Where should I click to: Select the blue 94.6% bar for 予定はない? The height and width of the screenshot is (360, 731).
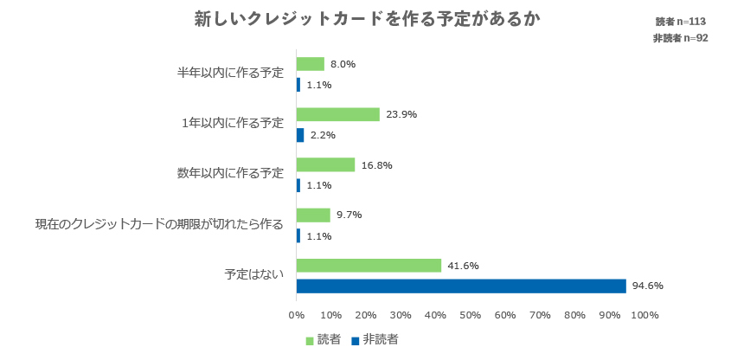(x=461, y=286)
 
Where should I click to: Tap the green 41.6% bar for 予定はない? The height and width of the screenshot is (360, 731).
(x=369, y=266)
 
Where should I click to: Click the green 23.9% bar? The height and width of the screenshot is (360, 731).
(x=338, y=114)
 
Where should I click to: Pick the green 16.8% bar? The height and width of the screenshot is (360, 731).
(x=325, y=164)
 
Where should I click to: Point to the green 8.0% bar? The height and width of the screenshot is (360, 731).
(x=311, y=64)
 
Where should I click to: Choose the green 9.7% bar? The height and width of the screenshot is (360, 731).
(x=313, y=215)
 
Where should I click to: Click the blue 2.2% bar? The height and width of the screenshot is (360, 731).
(x=300, y=135)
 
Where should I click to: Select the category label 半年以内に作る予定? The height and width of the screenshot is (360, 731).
(x=230, y=73)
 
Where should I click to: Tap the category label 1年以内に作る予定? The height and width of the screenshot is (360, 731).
(x=234, y=123)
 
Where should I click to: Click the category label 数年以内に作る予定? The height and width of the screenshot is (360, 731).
(x=230, y=173)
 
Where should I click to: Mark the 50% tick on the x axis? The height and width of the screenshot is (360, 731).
(x=471, y=315)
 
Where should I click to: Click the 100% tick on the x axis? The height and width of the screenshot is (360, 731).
(x=644, y=315)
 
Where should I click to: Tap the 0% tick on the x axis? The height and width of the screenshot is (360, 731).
(x=297, y=315)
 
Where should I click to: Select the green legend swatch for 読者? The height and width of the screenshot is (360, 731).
(x=310, y=341)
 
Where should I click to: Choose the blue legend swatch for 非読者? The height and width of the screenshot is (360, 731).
(x=355, y=341)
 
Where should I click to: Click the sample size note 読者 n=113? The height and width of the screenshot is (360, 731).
(x=681, y=22)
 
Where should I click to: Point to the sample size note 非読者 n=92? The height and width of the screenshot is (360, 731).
(x=680, y=38)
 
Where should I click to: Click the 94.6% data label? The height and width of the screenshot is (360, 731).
(x=647, y=286)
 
